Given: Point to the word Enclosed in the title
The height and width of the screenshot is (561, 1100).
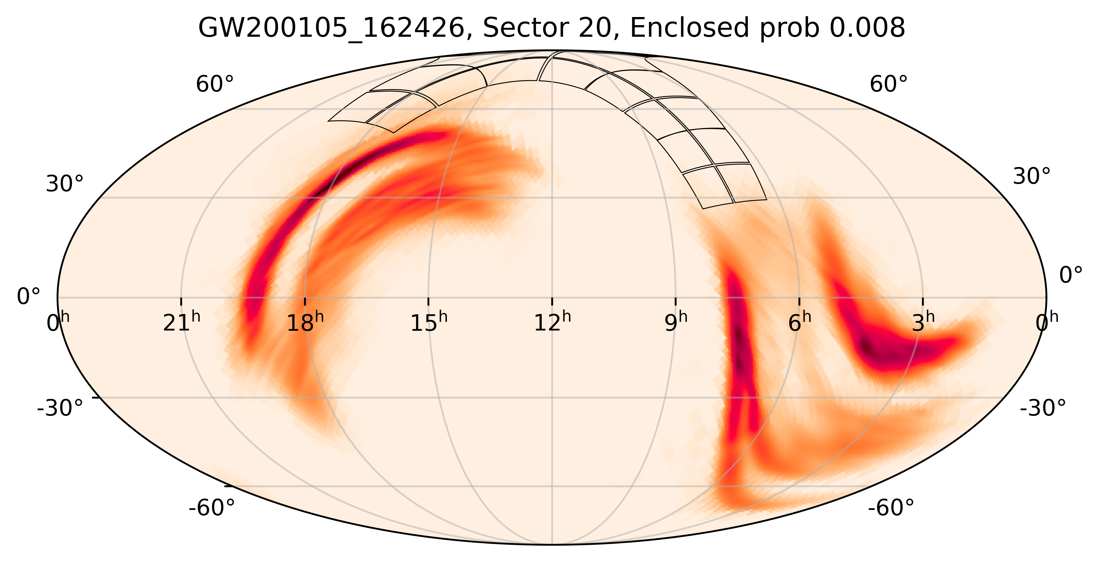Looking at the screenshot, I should point(689,29).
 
